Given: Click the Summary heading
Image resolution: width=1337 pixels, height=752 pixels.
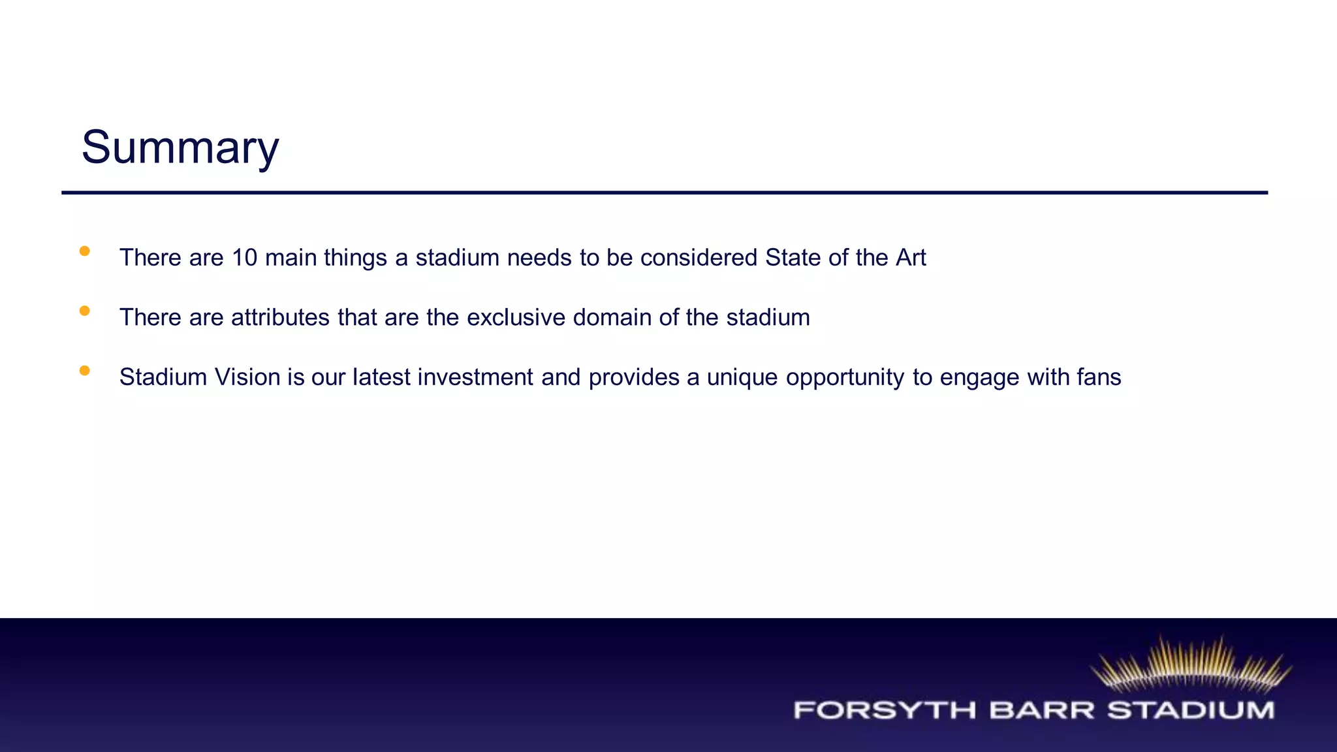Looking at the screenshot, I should coord(180,148).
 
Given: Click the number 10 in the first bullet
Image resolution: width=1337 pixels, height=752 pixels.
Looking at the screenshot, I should coord(244,258).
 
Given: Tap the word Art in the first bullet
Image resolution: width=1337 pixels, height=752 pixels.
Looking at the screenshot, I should coord(911,258).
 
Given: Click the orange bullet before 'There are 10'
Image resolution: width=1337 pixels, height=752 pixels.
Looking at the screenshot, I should coord(84,251).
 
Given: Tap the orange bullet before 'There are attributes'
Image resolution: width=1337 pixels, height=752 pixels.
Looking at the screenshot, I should coord(84,311).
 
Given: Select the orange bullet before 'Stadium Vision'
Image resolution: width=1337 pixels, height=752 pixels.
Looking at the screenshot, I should coord(84,371).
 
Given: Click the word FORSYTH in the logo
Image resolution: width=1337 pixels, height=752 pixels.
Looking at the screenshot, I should coord(885,710).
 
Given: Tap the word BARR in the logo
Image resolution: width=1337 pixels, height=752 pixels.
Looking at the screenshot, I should coord(1041,710).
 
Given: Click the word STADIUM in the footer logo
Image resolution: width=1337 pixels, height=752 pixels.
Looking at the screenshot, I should coord(1191,710).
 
